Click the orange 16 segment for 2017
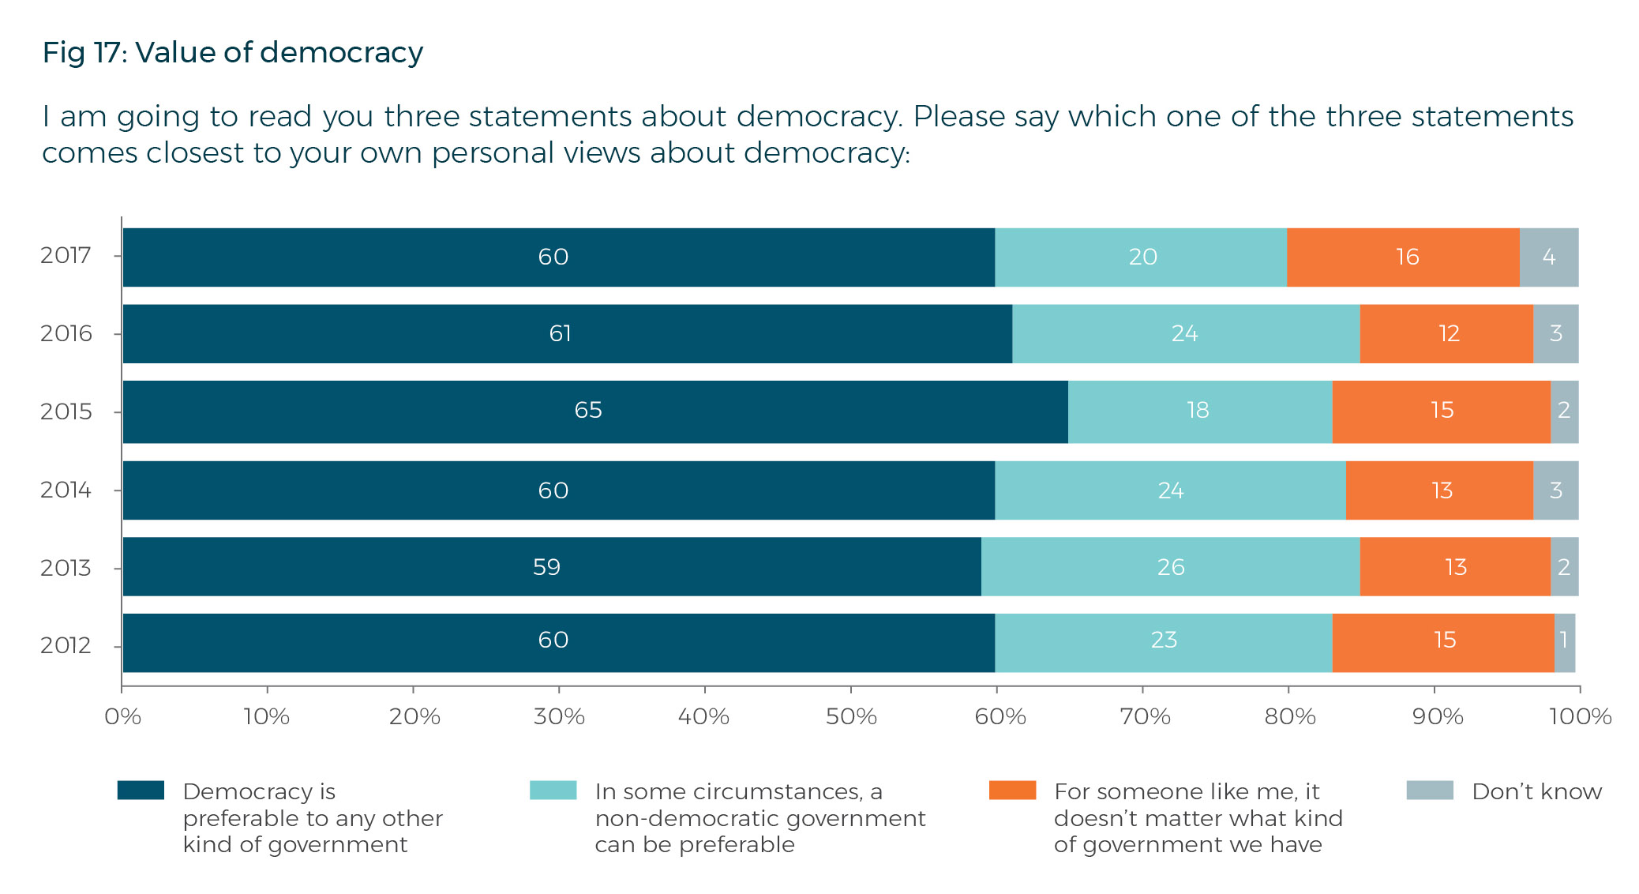click(x=1403, y=257)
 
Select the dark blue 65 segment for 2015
click(x=595, y=411)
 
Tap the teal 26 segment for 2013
click(x=1170, y=566)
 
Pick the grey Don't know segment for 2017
click(x=1548, y=257)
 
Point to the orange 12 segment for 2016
click(x=1446, y=333)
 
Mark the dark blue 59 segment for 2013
click(x=552, y=566)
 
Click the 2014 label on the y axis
click(x=66, y=490)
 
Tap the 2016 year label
click(x=66, y=333)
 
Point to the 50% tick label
click(x=851, y=716)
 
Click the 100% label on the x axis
click(x=1580, y=716)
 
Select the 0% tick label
click(x=122, y=716)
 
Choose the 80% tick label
click(x=1289, y=716)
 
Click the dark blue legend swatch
click(x=141, y=791)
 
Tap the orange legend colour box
click(x=1012, y=791)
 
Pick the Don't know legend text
click(x=1536, y=791)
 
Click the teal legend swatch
click(x=553, y=791)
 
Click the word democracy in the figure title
click(x=341, y=53)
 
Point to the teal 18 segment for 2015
click(x=1199, y=411)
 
